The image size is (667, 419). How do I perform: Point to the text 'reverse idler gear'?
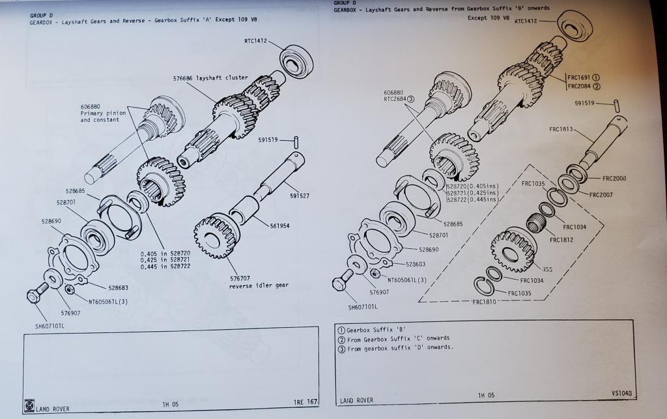[x=259, y=285]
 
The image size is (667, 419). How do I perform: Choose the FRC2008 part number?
[x=614, y=178]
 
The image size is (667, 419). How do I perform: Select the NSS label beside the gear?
[x=548, y=268]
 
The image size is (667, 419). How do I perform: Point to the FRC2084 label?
[x=580, y=86]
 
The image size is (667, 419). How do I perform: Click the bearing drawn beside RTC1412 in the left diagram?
[x=296, y=61]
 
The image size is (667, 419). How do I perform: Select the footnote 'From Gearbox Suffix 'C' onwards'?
[x=397, y=338]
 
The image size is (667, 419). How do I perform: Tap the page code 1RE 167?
[x=302, y=403]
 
